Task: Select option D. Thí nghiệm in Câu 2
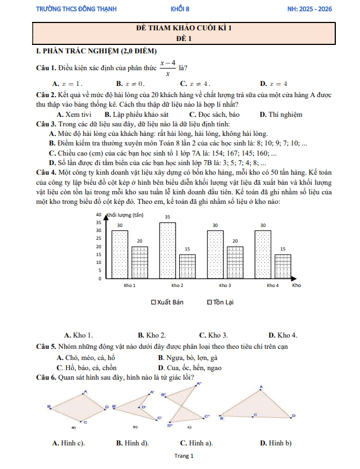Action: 281,114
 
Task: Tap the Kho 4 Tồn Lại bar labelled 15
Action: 282,266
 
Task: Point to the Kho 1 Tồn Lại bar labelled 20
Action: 139,262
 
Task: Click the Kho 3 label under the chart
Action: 225,286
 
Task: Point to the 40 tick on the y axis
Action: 98,215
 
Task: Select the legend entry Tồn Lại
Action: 220,302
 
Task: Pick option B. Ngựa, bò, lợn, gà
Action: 188,358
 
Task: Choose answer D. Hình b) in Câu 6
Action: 276,443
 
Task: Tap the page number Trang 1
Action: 184,457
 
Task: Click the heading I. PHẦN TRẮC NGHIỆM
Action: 95,52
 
